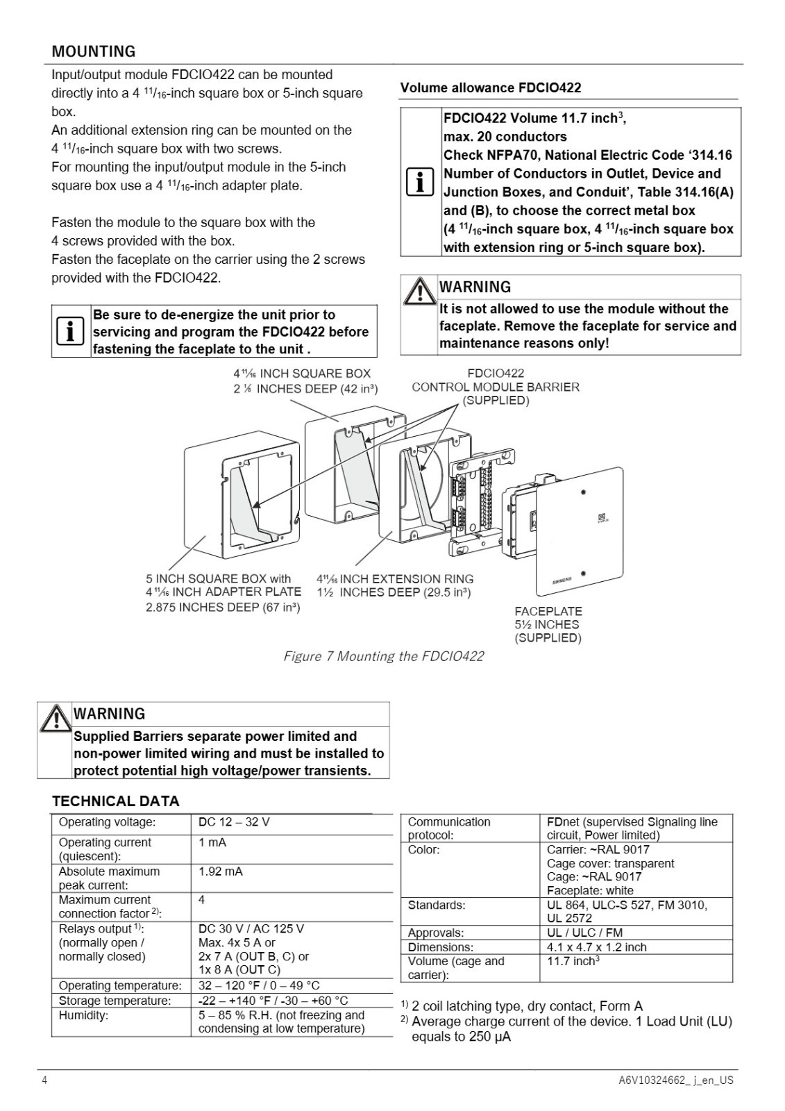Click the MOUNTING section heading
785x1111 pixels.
[94, 51]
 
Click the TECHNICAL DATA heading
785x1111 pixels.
[115, 801]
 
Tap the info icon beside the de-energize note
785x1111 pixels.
[70, 331]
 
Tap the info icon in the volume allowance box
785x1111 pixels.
[420, 182]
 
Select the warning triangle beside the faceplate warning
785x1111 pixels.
[419, 292]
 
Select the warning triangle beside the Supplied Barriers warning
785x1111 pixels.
[56, 719]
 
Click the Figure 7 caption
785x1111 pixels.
[383, 656]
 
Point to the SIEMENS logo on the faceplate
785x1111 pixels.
[562, 580]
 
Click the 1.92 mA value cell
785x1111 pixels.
[221, 871]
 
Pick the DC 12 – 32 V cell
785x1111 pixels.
[234, 822]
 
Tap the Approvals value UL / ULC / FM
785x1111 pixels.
[584, 933]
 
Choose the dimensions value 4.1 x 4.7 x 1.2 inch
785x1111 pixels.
[597, 947]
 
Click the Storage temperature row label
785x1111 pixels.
[115, 1001]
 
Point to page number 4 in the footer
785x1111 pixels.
[44, 1080]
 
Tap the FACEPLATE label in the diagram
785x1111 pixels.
[548, 611]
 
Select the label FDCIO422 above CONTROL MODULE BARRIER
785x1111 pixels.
[496, 373]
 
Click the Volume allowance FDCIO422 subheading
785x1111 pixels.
[491, 87]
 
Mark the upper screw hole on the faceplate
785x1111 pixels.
[584, 492]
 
